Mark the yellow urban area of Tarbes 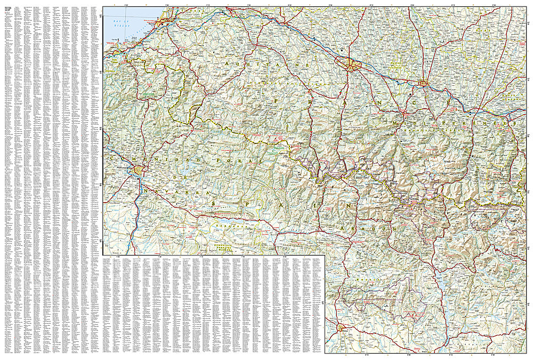(423, 83)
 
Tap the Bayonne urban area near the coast (166, 21)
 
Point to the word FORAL (245, 159)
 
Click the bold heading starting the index (9, 9)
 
